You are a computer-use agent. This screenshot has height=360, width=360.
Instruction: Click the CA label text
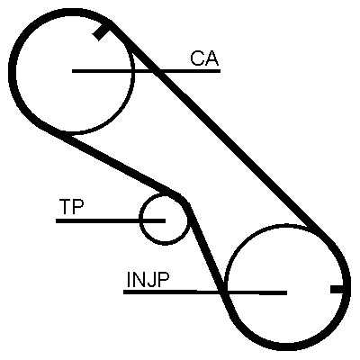point(204,58)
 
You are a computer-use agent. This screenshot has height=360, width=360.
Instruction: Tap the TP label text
point(71,206)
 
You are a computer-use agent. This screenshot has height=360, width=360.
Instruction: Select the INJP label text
point(148,279)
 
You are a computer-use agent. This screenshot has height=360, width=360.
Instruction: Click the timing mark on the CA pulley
point(102,32)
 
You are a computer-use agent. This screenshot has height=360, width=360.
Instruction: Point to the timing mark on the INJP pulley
point(338,289)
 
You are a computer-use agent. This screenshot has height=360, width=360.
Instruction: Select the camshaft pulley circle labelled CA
point(133,71)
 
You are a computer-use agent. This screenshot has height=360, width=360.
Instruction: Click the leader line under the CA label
point(146,71)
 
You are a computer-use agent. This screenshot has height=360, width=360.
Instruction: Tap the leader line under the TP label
point(111,220)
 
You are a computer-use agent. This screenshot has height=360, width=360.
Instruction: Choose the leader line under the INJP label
point(205,292)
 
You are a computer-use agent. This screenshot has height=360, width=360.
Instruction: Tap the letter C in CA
point(197,58)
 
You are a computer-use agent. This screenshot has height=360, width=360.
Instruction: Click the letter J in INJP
point(151,280)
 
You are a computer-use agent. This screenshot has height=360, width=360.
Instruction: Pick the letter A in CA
point(212,58)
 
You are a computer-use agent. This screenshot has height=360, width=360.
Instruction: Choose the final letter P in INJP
point(164,279)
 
